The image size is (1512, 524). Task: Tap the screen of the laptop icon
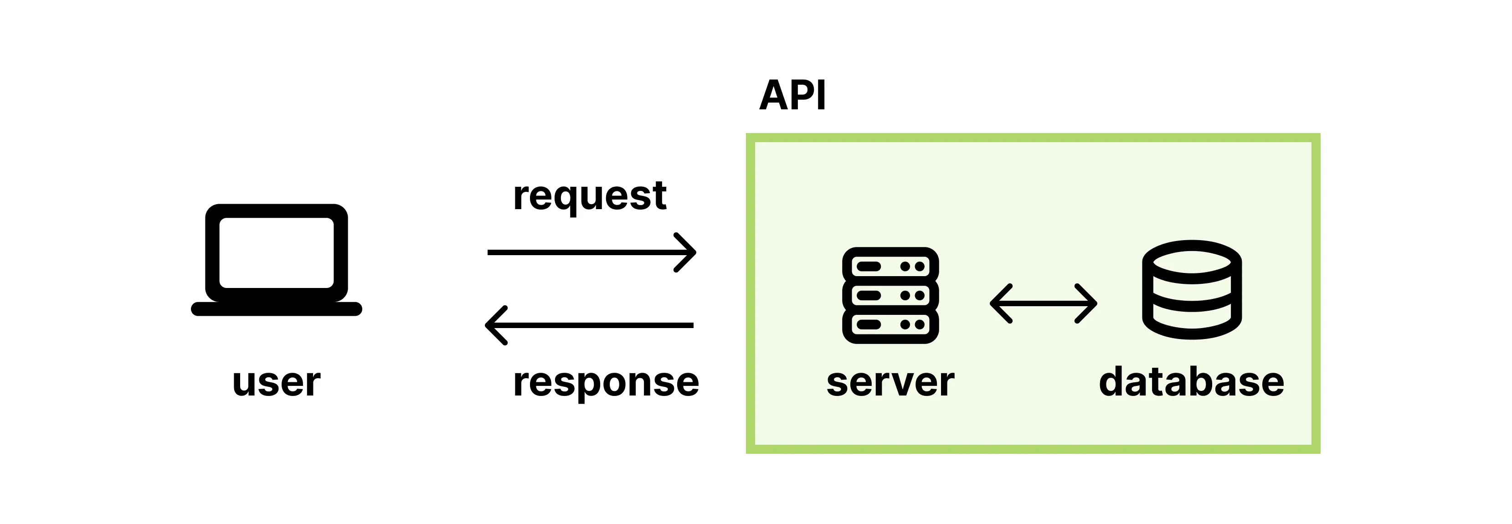tap(277, 253)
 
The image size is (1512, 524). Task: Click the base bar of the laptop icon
tap(277, 309)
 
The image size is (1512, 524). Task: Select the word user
tap(277, 383)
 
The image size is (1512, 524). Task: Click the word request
tap(589, 196)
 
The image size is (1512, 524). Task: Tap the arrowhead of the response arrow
tap(494, 325)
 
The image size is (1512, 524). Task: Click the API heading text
tap(792, 95)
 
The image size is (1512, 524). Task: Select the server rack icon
tap(890, 295)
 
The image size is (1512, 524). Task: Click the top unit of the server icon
tap(890, 267)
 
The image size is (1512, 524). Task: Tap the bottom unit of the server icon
tap(890, 324)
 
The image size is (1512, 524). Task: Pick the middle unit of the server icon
tap(890, 295)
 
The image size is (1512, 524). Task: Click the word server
tap(890, 383)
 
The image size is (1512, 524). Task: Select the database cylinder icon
tap(1192, 290)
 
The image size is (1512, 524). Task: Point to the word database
tap(1192, 383)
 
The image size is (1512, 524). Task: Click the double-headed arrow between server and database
tap(1043, 303)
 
